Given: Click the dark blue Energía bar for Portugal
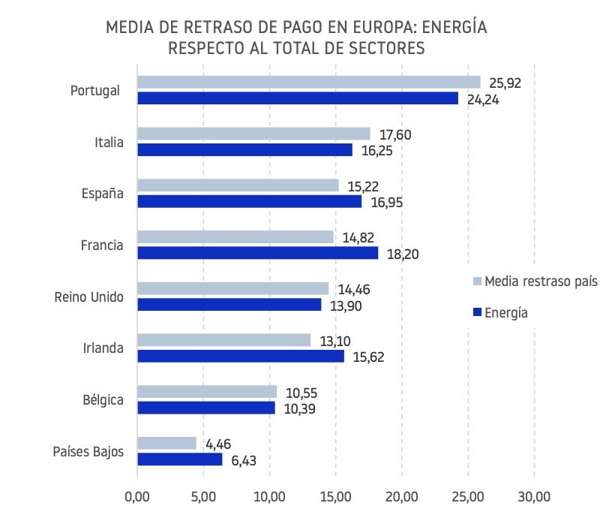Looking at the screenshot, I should pyautogui.click(x=297, y=98).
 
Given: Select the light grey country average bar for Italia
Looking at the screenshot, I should pyautogui.click(x=253, y=134).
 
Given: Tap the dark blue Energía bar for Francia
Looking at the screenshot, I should pyautogui.click(x=257, y=253).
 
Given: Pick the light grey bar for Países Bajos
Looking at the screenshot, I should pyautogui.click(x=166, y=443).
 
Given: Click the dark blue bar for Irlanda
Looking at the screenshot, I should pyautogui.click(x=240, y=356).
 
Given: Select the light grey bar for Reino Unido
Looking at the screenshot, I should pyautogui.click(x=232, y=288).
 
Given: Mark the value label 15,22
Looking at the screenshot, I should pyautogui.click(x=363, y=185).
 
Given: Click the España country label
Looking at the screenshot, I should pyautogui.click(x=102, y=193).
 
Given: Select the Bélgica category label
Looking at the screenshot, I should pyautogui.click(x=103, y=399).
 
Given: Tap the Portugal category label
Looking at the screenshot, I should pyautogui.click(x=95, y=90).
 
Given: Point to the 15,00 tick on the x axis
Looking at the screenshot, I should pyautogui.click(x=335, y=496).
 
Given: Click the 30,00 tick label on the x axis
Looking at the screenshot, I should pyautogui.click(x=534, y=496).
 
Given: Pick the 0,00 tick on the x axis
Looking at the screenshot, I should pyautogui.click(x=137, y=496).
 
